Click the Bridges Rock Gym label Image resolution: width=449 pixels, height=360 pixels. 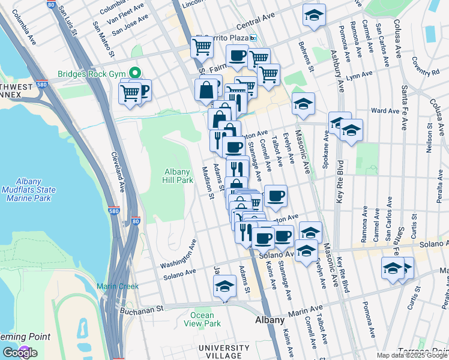tap(92, 74)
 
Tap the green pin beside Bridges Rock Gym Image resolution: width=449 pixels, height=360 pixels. tap(134, 74)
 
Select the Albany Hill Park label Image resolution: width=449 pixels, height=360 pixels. tap(178, 176)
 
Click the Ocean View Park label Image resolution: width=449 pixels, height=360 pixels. tap(202, 319)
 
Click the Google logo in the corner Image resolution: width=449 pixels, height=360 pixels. tap(20, 353)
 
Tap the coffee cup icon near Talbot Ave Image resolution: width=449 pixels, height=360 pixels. tap(276, 196)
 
